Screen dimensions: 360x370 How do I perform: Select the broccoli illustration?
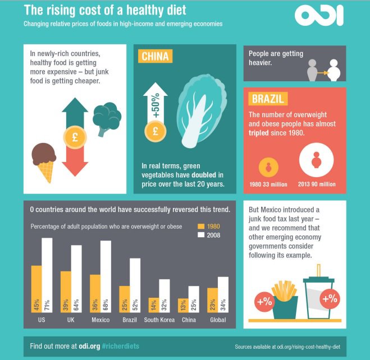[x=106, y=118]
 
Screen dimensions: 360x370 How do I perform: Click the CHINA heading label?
[x=156, y=57]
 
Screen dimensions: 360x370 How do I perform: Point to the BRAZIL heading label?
[x=267, y=99]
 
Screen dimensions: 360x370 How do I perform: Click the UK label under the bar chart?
[x=71, y=320]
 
